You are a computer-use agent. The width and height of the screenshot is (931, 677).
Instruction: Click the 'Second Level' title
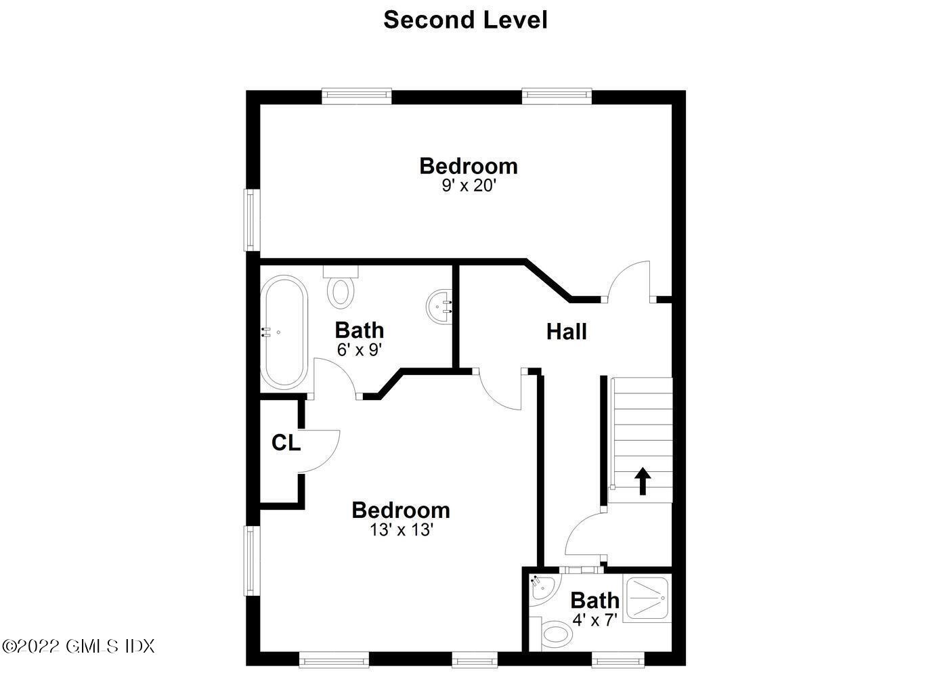point(465,20)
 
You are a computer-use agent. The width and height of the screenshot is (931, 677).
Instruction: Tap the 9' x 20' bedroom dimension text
point(469,185)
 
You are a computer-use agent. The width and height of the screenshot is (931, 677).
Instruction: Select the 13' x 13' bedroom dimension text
point(401,529)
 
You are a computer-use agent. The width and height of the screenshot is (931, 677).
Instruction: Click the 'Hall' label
point(567,332)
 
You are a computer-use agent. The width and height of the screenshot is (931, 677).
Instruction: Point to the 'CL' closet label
point(286,443)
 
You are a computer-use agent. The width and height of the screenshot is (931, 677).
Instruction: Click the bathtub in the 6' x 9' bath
point(284,332)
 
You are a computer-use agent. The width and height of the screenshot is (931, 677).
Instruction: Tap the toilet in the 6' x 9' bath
point(341,287)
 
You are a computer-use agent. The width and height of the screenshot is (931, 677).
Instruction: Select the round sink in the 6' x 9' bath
point(439,307)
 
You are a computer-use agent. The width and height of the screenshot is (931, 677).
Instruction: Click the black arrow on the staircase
point(642,482)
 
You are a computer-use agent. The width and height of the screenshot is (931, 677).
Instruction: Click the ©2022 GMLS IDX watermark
point(78,646)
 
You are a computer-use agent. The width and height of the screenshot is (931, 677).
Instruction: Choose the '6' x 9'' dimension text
point(360,349)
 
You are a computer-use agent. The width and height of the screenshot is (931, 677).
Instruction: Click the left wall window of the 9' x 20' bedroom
point(252,220)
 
